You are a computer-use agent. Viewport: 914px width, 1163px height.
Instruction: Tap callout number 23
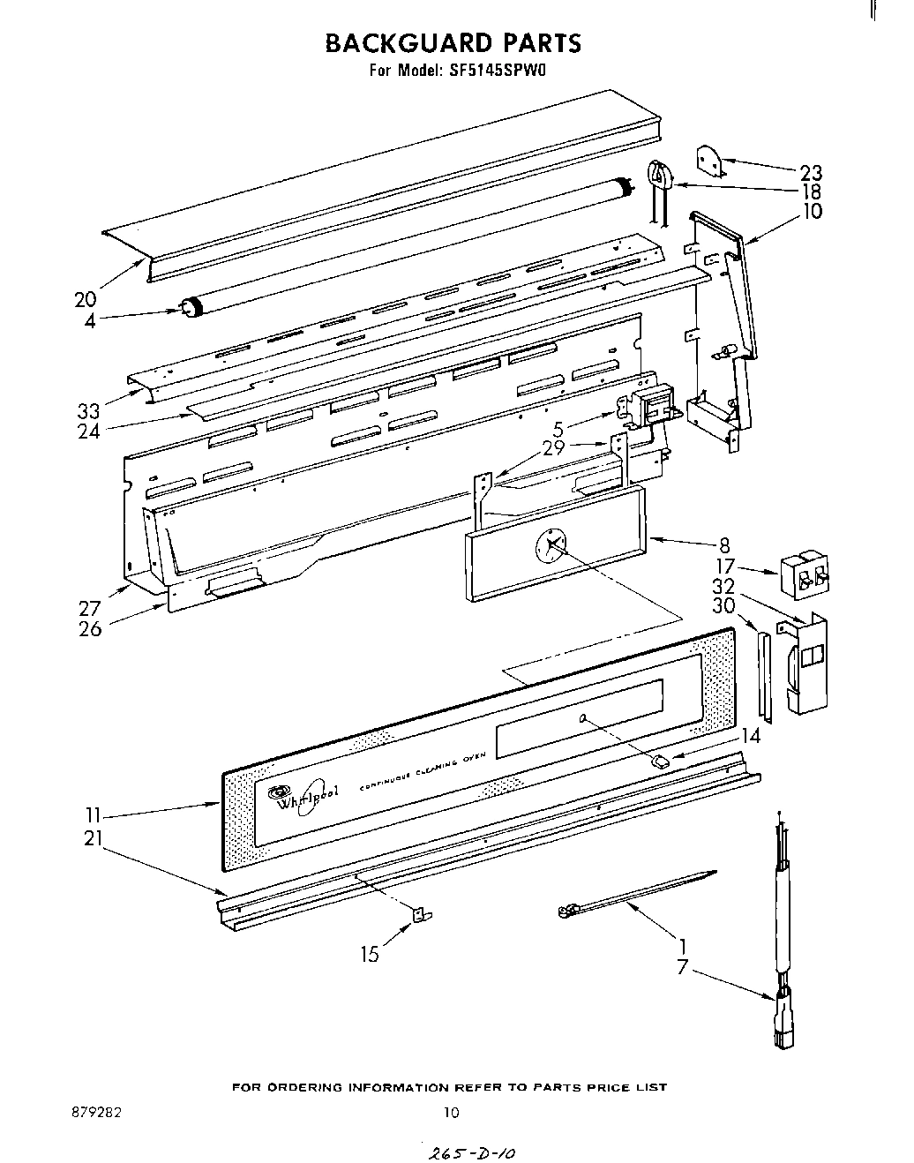click(x=810, y=173)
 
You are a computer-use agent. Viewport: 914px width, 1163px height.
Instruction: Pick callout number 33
click(x=88, y=410)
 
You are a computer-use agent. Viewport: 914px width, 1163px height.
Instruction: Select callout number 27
click(x=89, y=609)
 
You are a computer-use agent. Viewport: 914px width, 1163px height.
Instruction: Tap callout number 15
click(x=369, y=954)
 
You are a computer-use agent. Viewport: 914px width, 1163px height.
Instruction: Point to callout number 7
click(x=681, y=967)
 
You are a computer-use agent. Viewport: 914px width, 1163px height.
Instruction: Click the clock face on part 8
click(x=551, y=549)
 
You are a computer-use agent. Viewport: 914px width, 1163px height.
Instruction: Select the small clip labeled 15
click(x=421, y=915)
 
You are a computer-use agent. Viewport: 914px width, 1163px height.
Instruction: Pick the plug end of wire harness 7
click(x=781, y=1024)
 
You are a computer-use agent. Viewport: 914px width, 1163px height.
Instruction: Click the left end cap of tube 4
click(x=189, y=307)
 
